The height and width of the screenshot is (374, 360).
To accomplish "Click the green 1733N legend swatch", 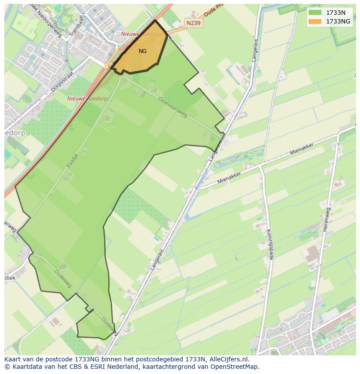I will (x=315, y=13).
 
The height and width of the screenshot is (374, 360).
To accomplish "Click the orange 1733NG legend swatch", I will (x=315, y=21).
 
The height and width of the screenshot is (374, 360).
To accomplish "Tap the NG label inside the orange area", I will (x=143, y=51).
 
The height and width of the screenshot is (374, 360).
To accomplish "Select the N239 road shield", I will (x=193, y=23).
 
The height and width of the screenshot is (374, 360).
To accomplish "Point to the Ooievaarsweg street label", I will (x=172, y=107).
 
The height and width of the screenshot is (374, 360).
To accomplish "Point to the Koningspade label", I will (x=269, y=244).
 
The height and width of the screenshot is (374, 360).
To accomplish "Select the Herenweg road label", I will (x=327, y=219).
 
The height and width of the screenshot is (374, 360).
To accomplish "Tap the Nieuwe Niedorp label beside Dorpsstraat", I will (x=87, y=99).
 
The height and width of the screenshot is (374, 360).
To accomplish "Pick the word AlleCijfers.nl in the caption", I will (x=229, y=359).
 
